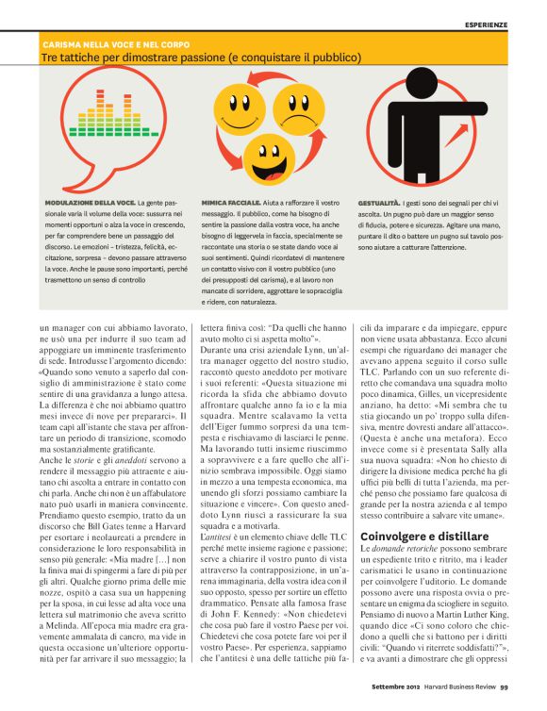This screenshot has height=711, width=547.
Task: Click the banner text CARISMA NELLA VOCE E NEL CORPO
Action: tap(116, 44)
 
